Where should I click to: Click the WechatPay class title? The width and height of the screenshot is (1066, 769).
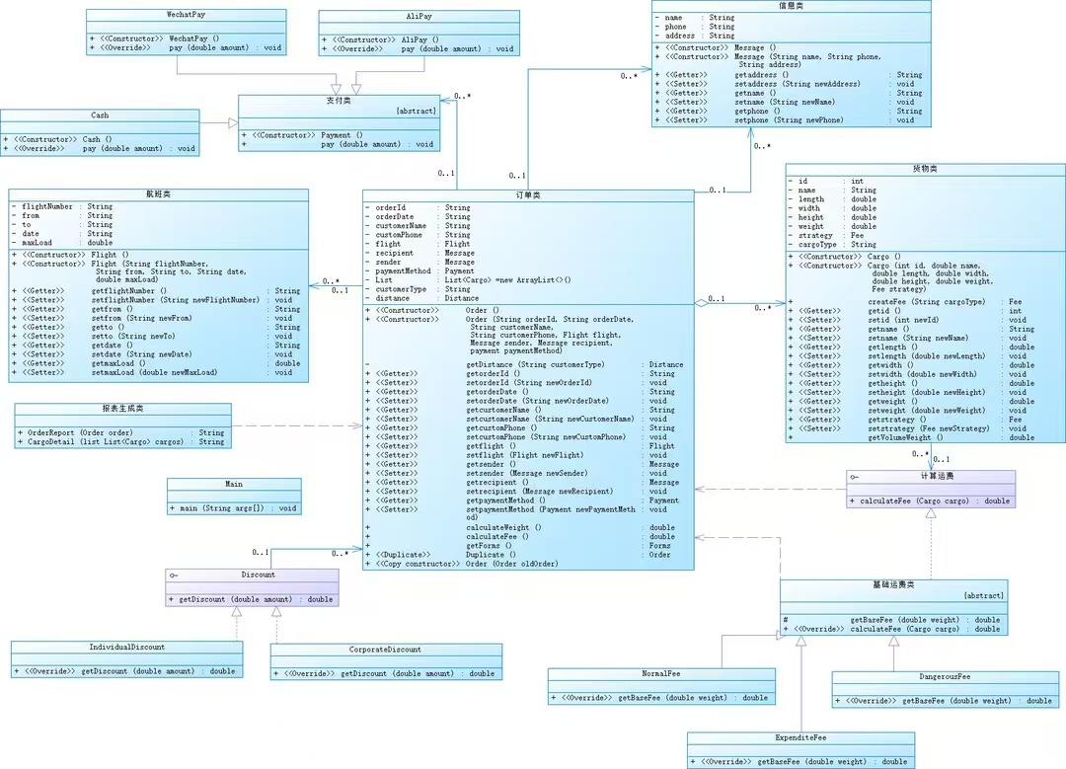187,17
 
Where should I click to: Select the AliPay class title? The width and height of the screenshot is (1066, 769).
419,18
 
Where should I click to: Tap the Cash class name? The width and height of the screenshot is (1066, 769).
100,115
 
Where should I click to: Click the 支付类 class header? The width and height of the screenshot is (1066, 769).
339,101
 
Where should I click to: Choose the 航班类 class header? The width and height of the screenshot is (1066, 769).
158,195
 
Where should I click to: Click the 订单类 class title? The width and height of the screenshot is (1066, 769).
528,195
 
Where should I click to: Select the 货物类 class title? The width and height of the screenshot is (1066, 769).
926,169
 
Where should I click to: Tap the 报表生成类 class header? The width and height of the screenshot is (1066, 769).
122,409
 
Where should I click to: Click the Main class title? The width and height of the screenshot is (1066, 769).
234,484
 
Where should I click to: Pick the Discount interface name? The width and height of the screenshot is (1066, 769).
258,575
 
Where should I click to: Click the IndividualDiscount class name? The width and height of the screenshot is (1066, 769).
126,648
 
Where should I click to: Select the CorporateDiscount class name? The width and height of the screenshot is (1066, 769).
385,650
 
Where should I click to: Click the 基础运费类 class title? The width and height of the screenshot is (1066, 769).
893,585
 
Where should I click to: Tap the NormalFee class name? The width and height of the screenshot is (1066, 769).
660,674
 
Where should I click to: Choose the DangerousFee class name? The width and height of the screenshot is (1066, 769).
945,677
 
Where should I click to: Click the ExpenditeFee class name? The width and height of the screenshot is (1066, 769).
799,737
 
